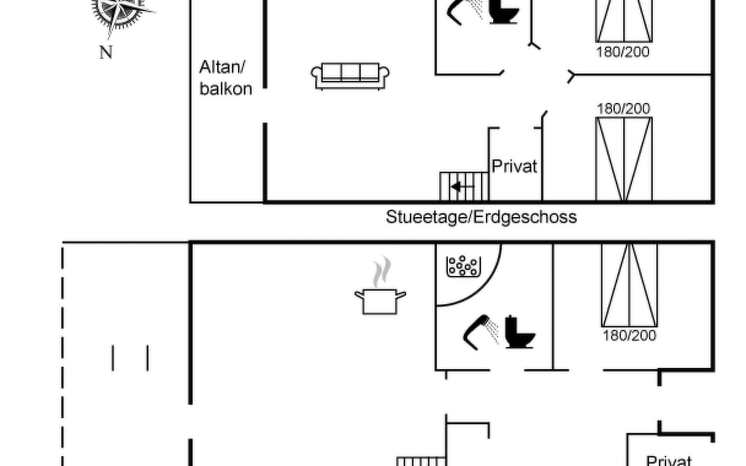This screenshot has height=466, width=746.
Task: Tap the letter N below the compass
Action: (106, 52)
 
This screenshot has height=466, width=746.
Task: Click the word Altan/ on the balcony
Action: (222, 68)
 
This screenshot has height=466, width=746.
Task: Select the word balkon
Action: (226, 89)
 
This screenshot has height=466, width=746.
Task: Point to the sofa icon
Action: (350, 76)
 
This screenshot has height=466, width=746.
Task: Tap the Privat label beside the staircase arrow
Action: (514, 166)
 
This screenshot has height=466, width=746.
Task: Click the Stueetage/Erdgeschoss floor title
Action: (481, 217)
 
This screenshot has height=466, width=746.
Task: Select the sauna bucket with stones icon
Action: (464, 266)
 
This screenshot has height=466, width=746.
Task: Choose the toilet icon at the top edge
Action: (504, 12)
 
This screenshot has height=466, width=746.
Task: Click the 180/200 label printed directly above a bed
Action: (623, 109)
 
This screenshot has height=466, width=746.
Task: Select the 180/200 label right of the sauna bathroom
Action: (629, 336)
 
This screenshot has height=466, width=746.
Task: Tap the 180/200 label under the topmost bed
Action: (622, 52)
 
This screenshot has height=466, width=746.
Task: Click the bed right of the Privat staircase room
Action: (624, 159)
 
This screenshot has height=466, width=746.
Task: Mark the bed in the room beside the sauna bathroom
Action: (629, 285)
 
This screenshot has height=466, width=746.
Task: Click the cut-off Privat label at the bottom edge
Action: (668, 461)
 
